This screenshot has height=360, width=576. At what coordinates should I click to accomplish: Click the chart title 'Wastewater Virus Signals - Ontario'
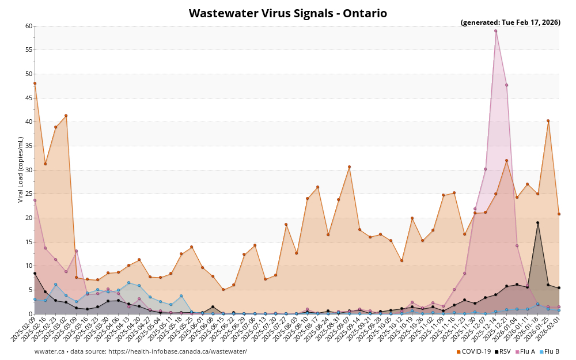point(288,13)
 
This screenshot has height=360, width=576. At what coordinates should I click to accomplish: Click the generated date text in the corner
point(510,22)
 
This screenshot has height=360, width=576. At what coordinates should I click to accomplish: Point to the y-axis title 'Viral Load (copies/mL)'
point(21,169)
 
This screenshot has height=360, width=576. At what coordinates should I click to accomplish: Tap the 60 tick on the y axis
point(29,26)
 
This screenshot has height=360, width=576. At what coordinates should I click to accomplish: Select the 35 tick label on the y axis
point(29,146)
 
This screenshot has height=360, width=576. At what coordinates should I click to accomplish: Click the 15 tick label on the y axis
point(29,242)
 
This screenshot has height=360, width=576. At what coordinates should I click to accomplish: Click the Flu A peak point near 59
point(495,31)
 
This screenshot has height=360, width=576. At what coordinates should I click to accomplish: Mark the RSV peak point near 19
point(537,223)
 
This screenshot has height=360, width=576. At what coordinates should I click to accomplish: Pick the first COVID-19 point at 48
point(35,84)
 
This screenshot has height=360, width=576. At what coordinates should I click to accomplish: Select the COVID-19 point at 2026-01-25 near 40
point(548,121)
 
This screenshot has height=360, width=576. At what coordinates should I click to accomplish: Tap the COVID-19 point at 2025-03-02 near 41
point(66,116)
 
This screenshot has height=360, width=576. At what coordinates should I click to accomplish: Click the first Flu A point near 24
point(35,200)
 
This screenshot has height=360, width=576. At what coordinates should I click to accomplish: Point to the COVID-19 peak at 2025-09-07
point(349,167)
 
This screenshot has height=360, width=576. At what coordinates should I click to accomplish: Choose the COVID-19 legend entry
point(473,351)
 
